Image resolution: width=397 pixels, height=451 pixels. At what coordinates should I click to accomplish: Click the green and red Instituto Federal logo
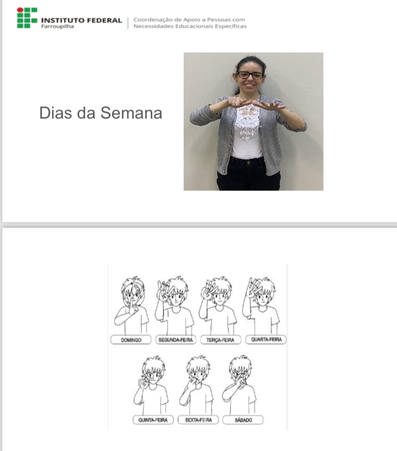27,18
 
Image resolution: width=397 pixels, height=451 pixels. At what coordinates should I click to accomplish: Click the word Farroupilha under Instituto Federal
57,27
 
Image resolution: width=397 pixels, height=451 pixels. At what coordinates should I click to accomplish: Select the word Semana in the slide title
132,113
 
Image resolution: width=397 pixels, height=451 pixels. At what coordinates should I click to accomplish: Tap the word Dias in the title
55,113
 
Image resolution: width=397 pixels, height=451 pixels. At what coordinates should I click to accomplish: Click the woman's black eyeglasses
250,75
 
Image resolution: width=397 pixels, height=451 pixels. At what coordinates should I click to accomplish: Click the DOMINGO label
131,340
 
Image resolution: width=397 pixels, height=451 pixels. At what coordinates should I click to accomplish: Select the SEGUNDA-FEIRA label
175,340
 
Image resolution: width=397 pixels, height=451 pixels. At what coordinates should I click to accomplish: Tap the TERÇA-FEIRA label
220,340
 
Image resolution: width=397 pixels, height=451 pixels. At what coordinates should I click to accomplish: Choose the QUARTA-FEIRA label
266,339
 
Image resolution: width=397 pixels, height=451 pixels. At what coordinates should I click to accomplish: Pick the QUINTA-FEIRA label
153,420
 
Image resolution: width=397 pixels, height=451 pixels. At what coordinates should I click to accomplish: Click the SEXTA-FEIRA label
198,420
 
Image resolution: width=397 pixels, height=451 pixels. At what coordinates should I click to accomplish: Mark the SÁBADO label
243,420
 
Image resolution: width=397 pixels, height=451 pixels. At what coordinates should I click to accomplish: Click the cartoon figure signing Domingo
132,306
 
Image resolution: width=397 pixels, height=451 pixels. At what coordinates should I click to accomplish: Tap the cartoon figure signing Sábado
239,385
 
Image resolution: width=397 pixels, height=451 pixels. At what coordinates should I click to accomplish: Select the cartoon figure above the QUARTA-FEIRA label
261,306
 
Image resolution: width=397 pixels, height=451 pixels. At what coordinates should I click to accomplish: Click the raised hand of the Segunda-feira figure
164,291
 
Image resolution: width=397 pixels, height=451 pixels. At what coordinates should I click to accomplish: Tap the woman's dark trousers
249,174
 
